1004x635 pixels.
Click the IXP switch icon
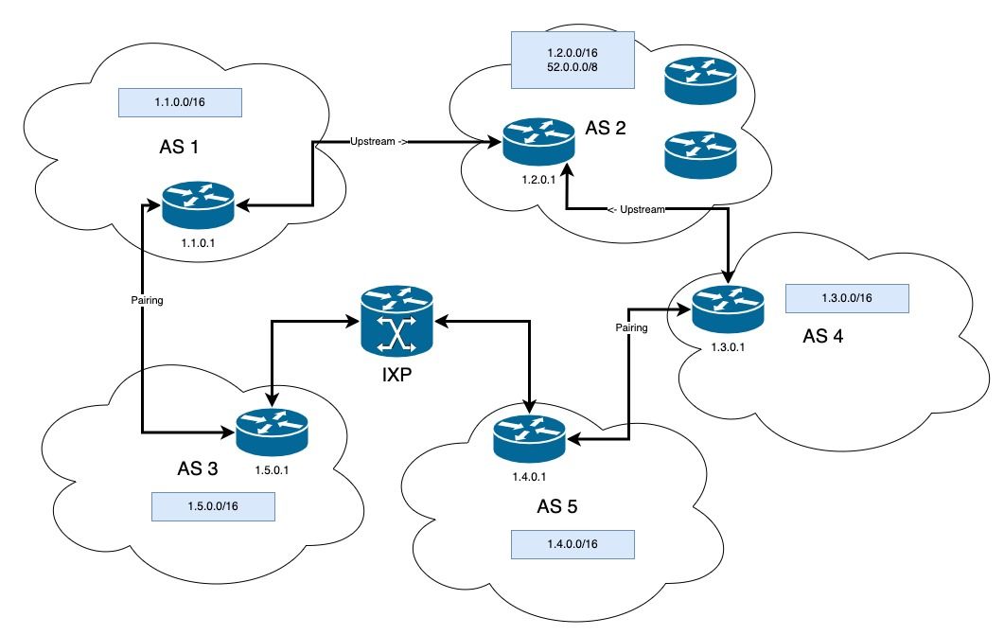click(396, 321)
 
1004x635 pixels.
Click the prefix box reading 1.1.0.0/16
click(181, 102)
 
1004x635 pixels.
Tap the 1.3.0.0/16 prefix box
click(847, 297)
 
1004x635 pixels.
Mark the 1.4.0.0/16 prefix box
click(572, 545)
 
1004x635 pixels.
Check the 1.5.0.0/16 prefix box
click(213, 506)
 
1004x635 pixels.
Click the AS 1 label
click(185, 149)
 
